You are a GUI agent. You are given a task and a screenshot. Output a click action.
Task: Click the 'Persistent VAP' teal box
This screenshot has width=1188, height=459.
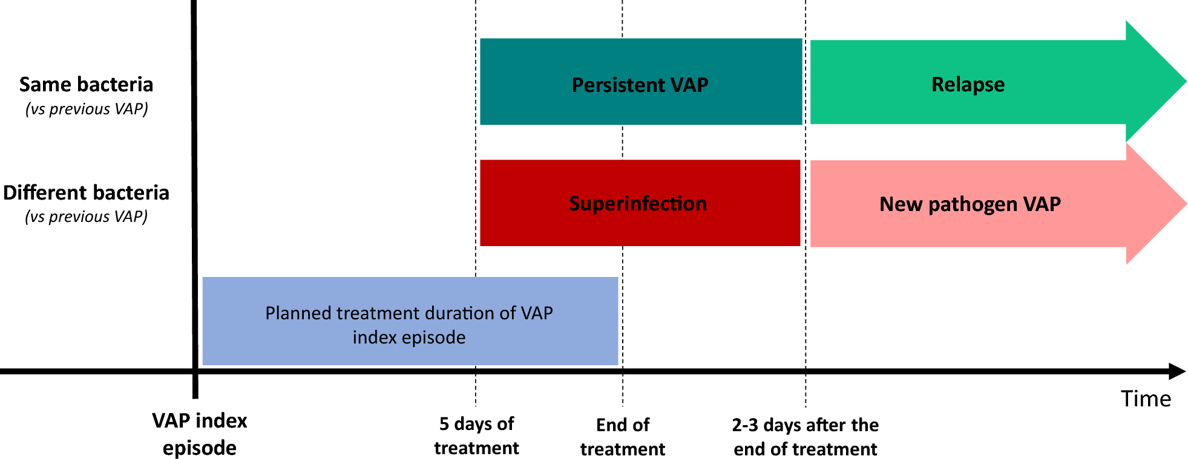pyautogui.click(x=641, y=82)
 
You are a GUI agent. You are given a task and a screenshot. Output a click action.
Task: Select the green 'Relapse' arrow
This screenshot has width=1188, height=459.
pyautogui.click(x=999, y=82)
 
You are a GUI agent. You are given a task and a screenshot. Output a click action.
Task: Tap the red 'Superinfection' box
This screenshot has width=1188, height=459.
pyautogui.click(x=640, y=203)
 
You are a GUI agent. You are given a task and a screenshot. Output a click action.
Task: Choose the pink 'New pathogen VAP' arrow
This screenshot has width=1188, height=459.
pyautogui.click(x=999, y=204)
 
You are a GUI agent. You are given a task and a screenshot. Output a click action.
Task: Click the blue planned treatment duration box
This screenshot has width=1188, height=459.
pyautogui.click(x=410, y=321)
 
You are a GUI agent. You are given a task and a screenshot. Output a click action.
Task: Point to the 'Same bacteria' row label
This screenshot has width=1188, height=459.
pyautogui.click(x=86, y=84)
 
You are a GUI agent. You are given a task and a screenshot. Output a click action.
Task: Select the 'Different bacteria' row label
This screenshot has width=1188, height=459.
pyautogui.click(x=86, y=192)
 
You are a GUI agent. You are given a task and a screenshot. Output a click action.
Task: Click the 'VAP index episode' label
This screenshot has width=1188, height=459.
pyautogui.click(x=200, y=434)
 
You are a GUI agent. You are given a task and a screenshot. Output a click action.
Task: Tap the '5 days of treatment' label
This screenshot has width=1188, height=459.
pyautogui.click(x=476, y=435)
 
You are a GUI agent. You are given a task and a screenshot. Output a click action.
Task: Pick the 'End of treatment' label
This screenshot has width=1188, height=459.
pyautogui.click(x=623, y=437)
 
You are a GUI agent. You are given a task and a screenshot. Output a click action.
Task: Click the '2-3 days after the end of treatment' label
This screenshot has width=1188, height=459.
pyautogui.click(x=806, y=437)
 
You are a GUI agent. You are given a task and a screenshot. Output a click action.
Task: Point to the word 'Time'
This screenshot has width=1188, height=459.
pyautogui.click(x=1146, y=399)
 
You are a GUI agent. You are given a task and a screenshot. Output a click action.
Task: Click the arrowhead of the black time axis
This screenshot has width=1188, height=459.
pyautogui.click(x=1177, y=371)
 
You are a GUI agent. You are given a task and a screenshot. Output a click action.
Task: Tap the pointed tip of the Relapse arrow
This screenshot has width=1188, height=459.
pyautogui.click(x=1186, y=82)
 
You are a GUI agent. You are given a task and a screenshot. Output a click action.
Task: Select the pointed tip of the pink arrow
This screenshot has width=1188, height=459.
pyautogui.click(x=1186, y=204)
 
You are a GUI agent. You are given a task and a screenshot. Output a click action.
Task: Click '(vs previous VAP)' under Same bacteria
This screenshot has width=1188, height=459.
pyautogui.click(x=87, y=109)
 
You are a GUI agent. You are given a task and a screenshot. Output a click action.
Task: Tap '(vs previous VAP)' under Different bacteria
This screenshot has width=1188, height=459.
pyautogui.click(x=87, y=216)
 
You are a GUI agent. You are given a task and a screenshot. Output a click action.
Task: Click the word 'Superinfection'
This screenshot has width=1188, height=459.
pyautogui.click(x=638, y=203)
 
